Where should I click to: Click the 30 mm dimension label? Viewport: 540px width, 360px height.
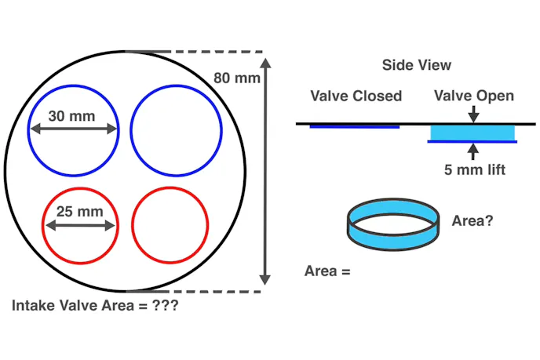[x=71, y=115]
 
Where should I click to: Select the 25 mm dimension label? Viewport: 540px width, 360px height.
[x=78, y=211]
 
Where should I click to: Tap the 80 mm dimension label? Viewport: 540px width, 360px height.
[x=235, y=78]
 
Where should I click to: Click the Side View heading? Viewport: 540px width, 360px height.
[x=416, y=65]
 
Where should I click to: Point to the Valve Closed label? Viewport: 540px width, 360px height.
[x=356, y=96]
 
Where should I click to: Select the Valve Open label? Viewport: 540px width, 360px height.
[x=475, y=96]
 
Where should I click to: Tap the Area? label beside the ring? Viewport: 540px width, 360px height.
[x=472, y=220]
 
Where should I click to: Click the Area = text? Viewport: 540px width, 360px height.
[x=326, y=271]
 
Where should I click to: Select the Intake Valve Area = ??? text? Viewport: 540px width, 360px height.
[x=95, y=306]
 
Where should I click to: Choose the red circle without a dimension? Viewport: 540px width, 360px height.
[x=170, y=225]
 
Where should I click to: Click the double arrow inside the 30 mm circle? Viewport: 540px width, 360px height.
[x=74, y=130]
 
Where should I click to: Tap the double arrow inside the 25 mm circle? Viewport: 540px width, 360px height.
[x=80, y=226]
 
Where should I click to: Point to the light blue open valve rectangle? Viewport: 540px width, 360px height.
[x=472, y=133]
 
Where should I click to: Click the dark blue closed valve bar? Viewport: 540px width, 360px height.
[x=355, y=125]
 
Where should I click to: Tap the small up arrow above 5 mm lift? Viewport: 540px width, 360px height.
[x=472, y=150]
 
